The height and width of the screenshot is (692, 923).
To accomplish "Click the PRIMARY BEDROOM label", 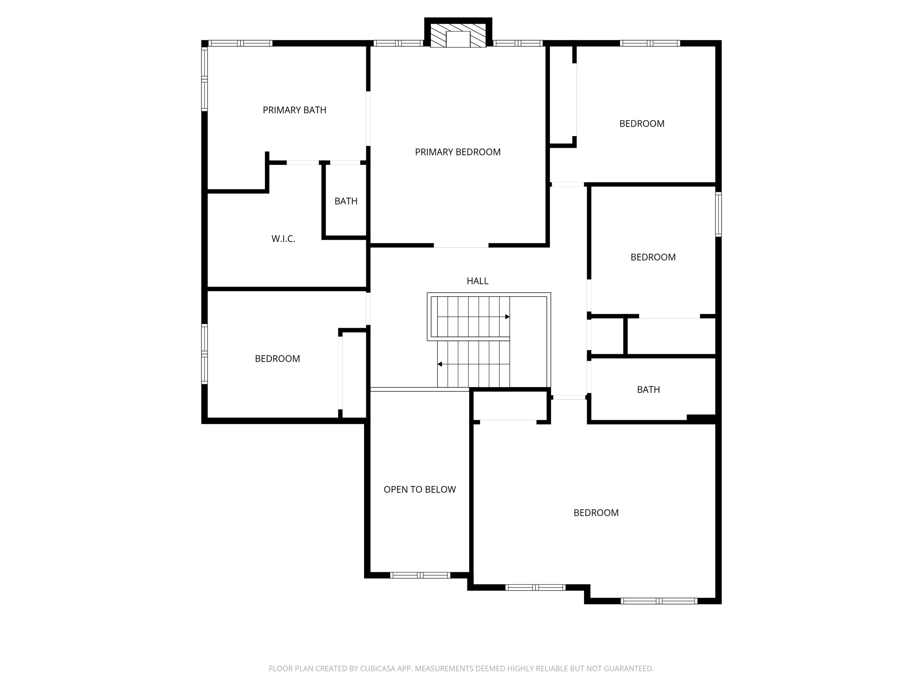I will point(457,152).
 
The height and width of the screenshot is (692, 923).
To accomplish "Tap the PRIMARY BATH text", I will point(294,110).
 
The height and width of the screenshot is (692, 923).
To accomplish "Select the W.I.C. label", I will point(283,239).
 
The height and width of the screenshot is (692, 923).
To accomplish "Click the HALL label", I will point(477,281).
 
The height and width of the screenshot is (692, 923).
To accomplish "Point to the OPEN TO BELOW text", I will point(420,490).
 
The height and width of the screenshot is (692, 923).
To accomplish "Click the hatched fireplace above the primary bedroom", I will point(458,36).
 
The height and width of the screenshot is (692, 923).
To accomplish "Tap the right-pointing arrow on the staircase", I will point(507,317).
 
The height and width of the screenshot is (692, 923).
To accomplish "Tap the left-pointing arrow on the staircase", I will point(440,364).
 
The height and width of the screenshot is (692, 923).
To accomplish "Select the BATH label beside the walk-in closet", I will point(346,201).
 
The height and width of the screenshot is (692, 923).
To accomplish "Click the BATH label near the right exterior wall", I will point(648,390).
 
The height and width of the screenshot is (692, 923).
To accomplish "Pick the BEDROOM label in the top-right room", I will point(641,124).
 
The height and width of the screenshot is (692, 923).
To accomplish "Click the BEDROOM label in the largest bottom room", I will point(596,513).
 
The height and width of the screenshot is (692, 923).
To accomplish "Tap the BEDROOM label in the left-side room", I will point(277,359).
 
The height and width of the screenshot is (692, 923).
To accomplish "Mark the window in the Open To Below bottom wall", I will point(420,575).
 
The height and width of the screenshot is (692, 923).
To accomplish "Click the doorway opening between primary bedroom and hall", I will point(461,246).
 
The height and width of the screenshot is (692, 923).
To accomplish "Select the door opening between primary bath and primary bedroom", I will point(368,118).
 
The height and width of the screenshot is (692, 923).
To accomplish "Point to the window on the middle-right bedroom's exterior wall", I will point(718,214).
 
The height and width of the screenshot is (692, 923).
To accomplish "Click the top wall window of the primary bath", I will point(241,43).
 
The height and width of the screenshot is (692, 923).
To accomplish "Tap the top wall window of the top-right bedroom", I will point(649,43).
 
